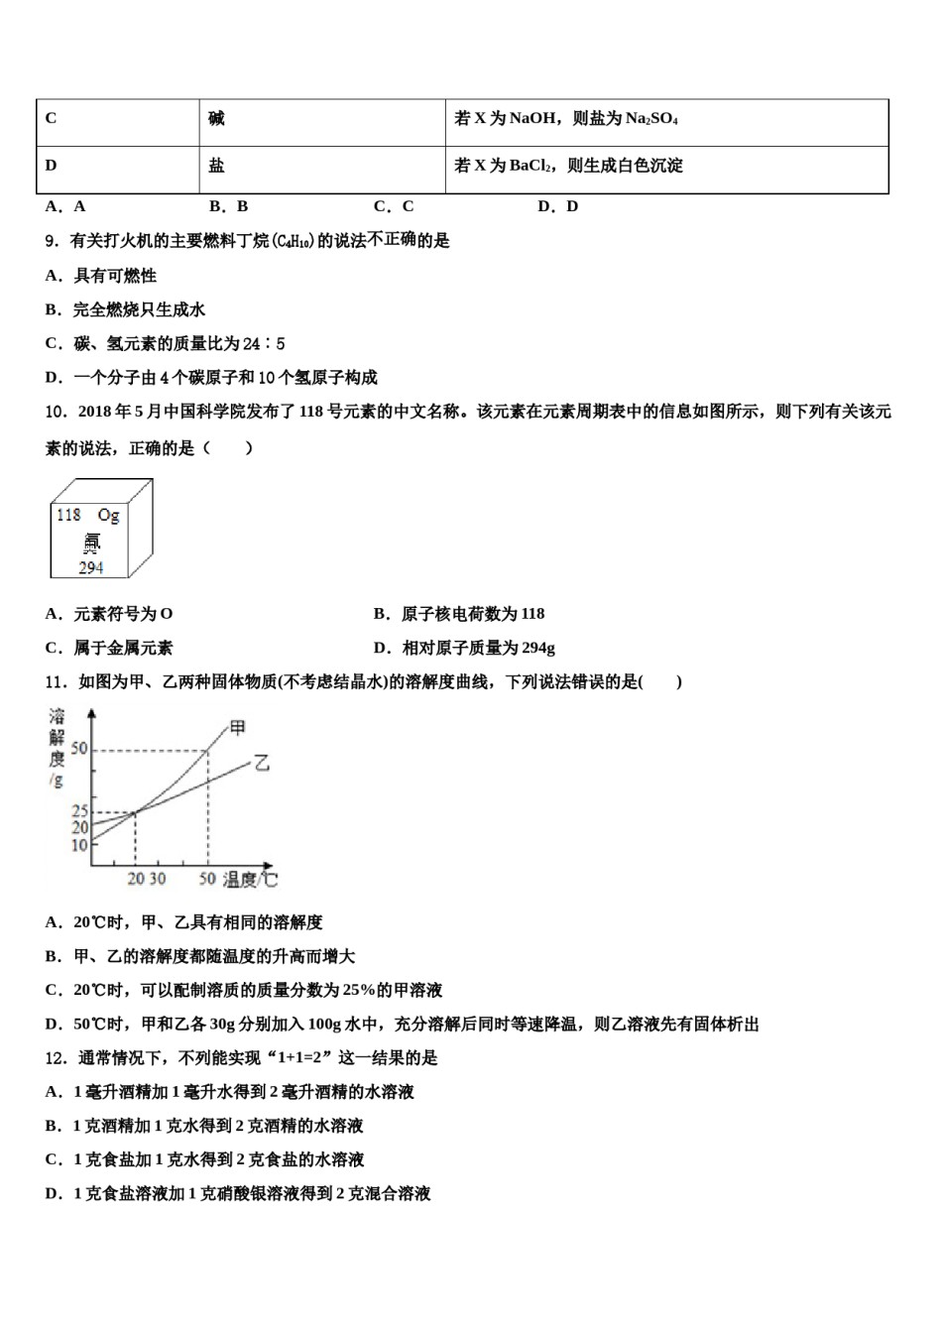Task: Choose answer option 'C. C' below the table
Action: pos(394,206)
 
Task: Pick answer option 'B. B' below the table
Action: pos(229,206)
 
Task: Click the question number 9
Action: pos(53,241)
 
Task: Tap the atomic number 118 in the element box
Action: pos(68,515)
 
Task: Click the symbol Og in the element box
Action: pos(108,515)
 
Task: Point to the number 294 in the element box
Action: pos(91,567)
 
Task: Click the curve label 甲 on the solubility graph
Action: pos(238,728)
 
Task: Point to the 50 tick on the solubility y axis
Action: pos(79,749)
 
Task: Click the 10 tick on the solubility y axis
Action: pos(79,845)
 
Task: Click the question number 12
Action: pos(57,1058)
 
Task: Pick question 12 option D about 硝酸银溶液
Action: pos(238,1193)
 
